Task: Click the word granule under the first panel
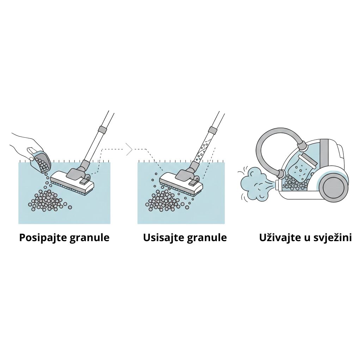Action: (x=89, y=238)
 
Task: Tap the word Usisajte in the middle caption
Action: (x=164, y=237)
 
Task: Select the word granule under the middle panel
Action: (x=207, y=238)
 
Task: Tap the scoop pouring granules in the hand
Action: (x=41, y=160)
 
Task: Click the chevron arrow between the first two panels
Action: (x=129, y=149)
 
